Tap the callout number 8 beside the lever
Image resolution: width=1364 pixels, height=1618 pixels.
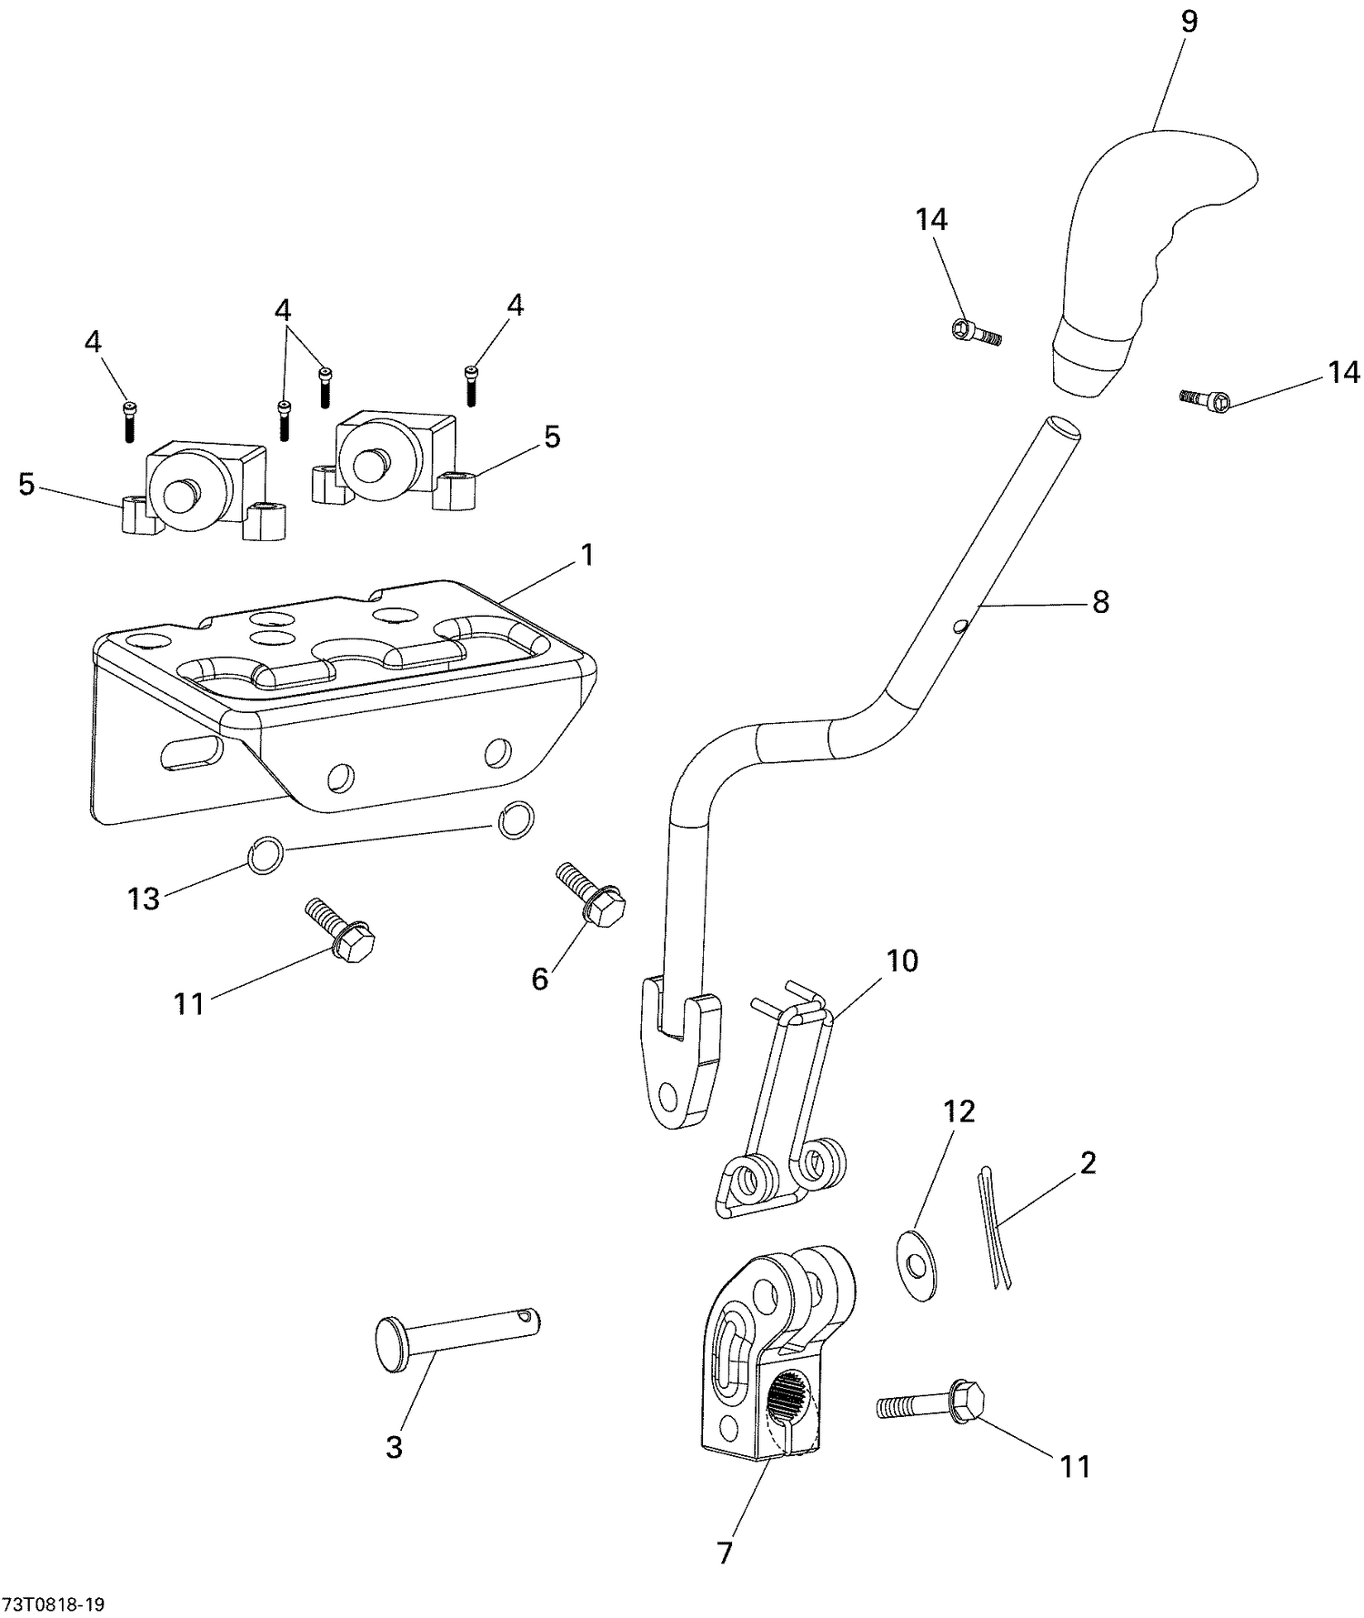(1100, 601)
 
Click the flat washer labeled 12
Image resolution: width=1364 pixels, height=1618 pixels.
(918, 1266)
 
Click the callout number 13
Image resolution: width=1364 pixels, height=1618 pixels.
(144, 899)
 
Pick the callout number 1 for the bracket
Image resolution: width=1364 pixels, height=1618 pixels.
(587, 554)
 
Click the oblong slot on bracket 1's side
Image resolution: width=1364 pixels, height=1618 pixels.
(191, 754)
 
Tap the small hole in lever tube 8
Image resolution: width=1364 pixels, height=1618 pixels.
(960, 625)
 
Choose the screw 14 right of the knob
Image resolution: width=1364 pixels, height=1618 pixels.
(1206, 397)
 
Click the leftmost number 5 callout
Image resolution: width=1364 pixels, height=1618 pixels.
(27, 485)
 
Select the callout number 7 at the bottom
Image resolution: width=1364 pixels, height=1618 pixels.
(725, 1553)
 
